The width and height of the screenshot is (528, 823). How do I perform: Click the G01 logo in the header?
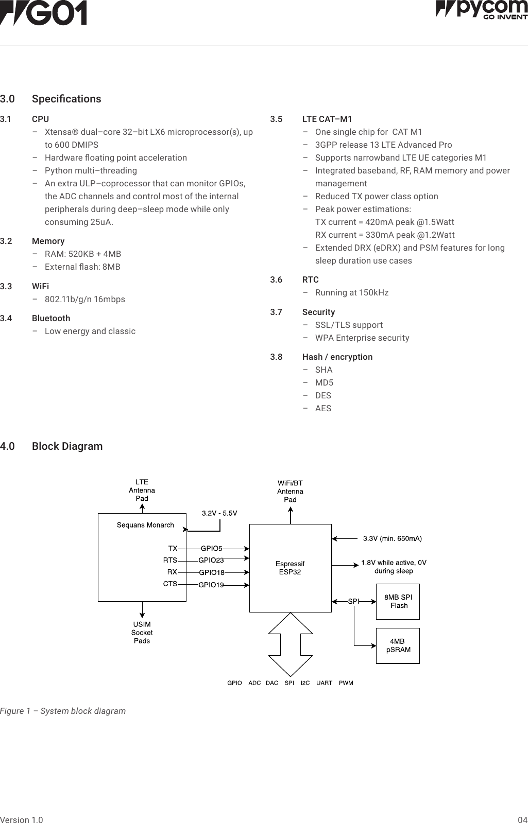click(x=43, y=13)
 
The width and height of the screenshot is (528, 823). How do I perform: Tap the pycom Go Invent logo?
click(x=482, y=9)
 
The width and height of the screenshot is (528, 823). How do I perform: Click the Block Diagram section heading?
click(x=67, y=446)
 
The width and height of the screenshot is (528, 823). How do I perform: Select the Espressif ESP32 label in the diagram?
click(x=290, y=568)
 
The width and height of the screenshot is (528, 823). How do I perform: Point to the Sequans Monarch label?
click(x=145, y=525)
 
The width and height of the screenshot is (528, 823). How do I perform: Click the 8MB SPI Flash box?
click(x=398, y=601)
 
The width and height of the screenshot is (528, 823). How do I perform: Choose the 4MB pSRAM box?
click(x=398, y=645)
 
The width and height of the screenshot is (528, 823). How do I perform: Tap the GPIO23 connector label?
click(x=211, y=561)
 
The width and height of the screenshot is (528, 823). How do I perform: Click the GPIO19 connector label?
click(x=211, y=585)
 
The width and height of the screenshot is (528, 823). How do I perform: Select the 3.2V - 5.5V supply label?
click(x=219, y=513)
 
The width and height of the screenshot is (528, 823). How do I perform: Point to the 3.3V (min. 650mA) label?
click(x=392, y=538)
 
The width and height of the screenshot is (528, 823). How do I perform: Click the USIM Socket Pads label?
click(x=142, y=633)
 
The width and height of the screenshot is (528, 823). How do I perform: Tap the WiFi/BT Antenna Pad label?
click(x=290, y=491)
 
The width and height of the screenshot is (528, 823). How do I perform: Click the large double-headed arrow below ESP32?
click(x=291, y=644)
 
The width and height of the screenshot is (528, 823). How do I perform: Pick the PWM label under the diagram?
click(x=346, y=683)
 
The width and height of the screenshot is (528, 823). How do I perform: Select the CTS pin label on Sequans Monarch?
click(x=170, y=584)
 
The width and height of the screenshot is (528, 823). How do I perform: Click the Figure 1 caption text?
click(x=63, y=711)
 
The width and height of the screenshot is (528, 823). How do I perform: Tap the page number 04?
click(x=522, y=820)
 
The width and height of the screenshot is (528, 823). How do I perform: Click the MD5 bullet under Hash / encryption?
click(x=324, y=382)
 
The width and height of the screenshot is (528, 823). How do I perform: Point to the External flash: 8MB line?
click(x=82, y=267)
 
